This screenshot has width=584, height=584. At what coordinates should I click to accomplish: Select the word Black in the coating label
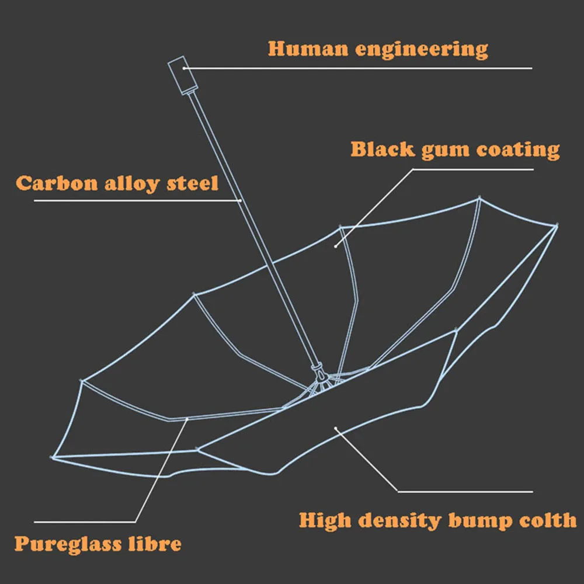tap(381, 150)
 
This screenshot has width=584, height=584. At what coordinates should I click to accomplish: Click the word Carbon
tap(57, 183)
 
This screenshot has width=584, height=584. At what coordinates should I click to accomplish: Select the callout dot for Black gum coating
tap(336, 246)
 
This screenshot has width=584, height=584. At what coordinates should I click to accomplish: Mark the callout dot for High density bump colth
tap(336, 428)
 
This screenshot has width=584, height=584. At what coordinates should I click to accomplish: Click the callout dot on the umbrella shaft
tap(241, 200)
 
